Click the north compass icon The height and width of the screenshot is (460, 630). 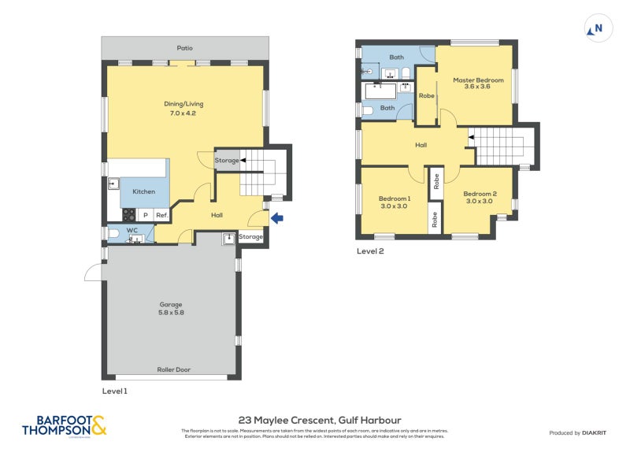597,30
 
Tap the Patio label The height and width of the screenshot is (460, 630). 184,48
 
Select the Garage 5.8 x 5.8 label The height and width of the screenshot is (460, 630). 171,308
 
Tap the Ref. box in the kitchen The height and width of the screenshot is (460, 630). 161,214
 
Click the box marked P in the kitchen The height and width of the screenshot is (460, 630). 145,214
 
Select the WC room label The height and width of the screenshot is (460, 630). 132,230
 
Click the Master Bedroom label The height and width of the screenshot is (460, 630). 477,83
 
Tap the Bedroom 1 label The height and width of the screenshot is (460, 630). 395,201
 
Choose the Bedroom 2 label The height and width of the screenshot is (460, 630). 479,197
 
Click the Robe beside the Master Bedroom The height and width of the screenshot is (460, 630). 427,95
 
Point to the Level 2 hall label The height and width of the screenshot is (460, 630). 421,144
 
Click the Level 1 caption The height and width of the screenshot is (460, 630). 114,391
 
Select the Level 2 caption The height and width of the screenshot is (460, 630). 370,251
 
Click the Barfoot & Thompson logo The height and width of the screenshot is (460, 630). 63,426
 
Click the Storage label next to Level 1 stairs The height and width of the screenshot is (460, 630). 227,161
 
